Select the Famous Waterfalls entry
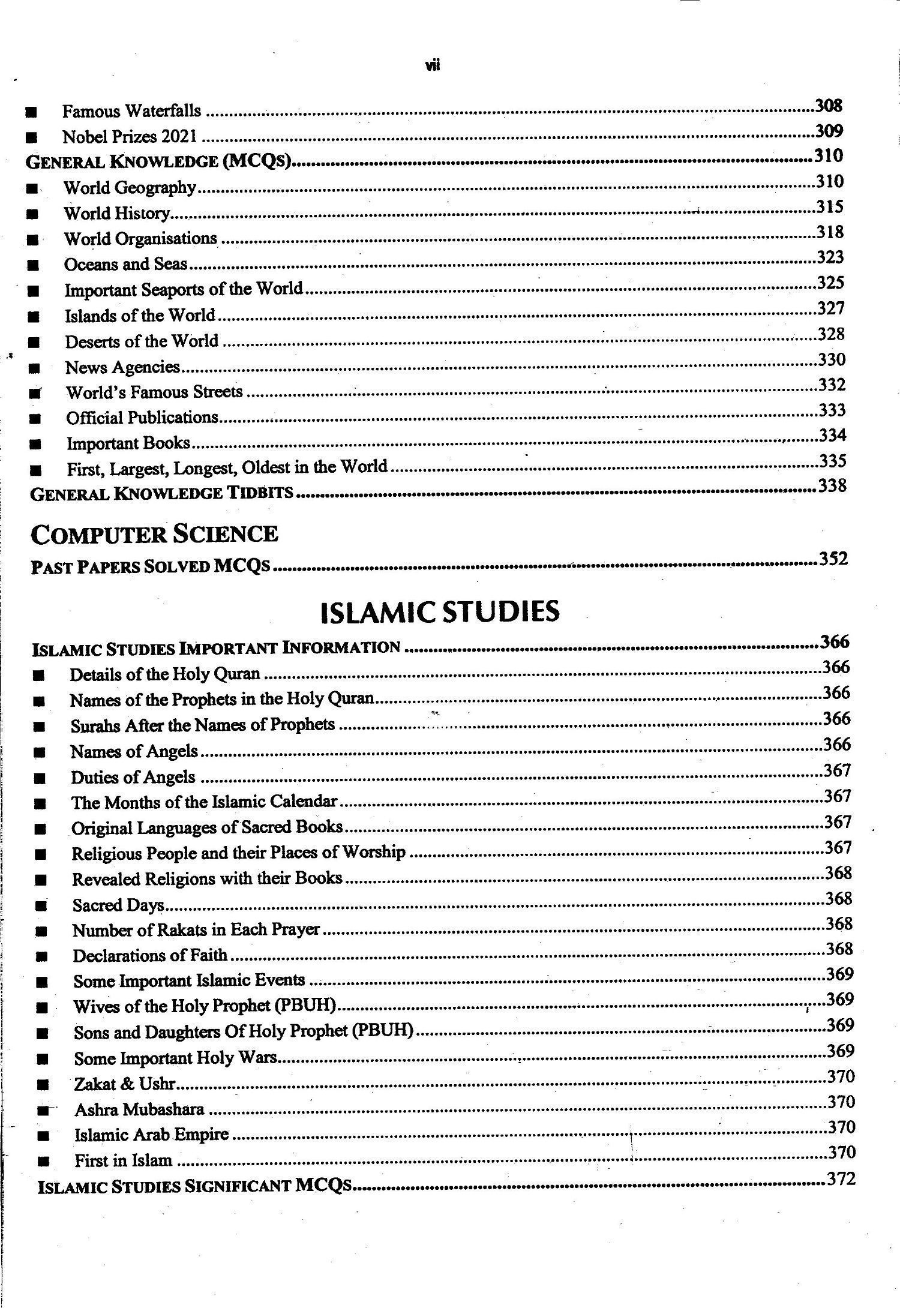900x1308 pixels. point(131,112)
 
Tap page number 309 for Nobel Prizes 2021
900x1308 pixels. point(829,131)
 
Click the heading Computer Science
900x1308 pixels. point(154,534)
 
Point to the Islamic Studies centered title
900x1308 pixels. point(440,611)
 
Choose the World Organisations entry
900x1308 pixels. point(140,239)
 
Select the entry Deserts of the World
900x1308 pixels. point(142,341)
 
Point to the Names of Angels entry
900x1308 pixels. point(134,751)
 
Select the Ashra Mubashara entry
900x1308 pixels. point(139,1110)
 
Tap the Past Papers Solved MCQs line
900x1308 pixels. point(150,566)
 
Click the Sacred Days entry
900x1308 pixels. point(118,905)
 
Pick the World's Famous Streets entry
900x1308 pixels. point(154,392)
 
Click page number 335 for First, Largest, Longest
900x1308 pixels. point(832,461)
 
